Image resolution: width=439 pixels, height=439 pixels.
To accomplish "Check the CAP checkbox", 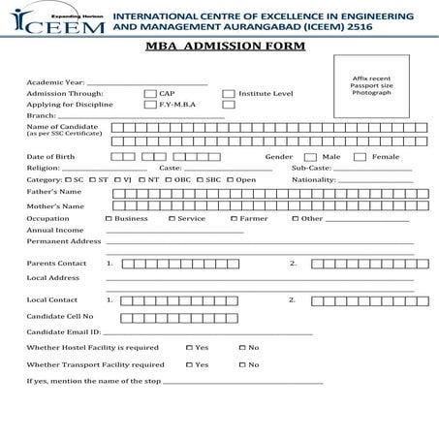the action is point(150,94).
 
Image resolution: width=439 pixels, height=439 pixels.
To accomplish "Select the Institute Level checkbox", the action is point(229,94).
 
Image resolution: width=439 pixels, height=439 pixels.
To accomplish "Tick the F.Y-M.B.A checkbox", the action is point(150,105).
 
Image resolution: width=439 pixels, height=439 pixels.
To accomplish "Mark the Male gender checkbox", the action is point(312,157).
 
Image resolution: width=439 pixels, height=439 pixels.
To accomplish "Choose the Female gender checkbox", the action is point(360,157).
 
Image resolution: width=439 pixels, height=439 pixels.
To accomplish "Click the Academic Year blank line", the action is point(145,84).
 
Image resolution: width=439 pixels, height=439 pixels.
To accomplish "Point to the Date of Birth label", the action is point(49,157).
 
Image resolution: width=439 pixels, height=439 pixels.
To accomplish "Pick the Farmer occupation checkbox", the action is point(233,219).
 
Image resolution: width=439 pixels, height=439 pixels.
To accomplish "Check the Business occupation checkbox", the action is point(109,219).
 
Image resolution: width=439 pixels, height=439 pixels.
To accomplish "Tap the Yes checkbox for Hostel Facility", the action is point(189,347).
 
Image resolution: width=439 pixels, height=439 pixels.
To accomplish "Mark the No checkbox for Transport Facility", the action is point(241,364).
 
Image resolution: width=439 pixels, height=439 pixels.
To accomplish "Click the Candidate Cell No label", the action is point(60,316).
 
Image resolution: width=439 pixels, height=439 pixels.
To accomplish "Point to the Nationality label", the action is point(313,180).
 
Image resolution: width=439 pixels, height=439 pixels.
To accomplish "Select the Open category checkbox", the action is point(231,180).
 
